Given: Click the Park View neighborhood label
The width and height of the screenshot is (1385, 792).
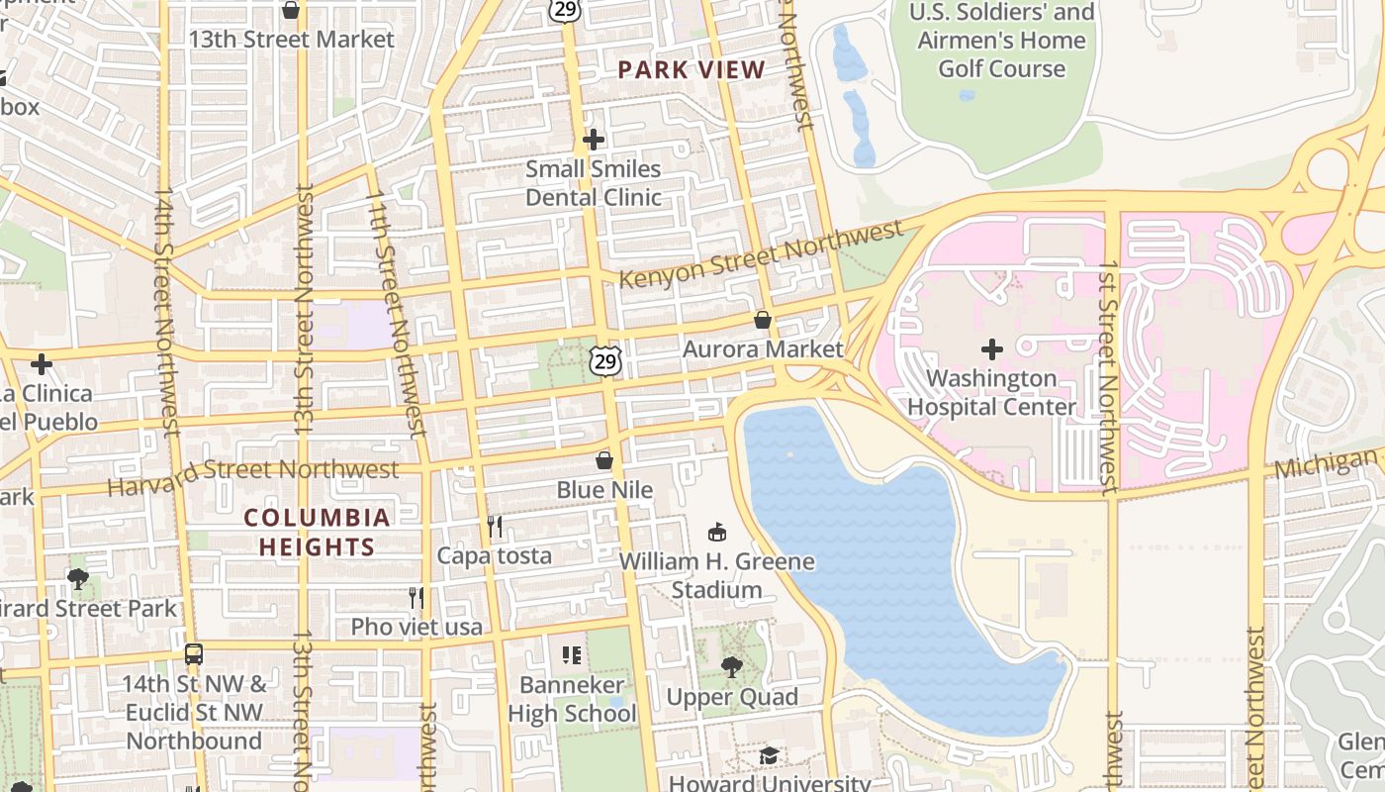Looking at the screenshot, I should (x=692, y=69).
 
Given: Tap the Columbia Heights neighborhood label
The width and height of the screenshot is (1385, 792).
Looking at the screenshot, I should (x=318, y=532).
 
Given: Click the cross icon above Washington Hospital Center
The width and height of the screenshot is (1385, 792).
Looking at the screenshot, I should (x=991, y=348).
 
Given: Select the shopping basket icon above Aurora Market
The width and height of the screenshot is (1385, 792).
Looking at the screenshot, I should (x=763, y=320).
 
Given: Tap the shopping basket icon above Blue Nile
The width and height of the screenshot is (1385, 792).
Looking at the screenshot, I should (x=604, y=460).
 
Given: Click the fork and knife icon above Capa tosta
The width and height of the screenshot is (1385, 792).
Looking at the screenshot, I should (x=495, y=526).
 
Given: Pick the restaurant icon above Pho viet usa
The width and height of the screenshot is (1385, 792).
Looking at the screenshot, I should (x=416, y=597).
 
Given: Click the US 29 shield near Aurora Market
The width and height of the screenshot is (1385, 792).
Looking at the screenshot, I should (x=605, y=360).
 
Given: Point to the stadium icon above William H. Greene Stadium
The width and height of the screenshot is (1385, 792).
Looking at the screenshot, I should (x=717, y=533).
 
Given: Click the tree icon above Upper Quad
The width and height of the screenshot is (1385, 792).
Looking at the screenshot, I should (x=732, y=667).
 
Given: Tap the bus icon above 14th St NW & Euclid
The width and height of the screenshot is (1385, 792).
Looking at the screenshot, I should (x=194, y=654).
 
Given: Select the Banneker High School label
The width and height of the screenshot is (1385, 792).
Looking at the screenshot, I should (x=572, y=698).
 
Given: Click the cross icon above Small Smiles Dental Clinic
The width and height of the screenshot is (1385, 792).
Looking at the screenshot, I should (x=594, y=140).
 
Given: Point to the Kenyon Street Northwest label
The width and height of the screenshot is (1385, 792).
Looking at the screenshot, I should (x=761, y=255).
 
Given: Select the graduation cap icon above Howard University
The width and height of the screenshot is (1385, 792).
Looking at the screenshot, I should (x=769, y=755).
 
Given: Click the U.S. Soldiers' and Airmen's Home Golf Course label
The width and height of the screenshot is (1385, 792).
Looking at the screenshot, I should (x=1001, y=41).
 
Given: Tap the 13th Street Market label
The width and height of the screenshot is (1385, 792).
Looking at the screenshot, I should (x=292, y=40).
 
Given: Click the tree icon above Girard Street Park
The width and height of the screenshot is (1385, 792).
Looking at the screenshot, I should (x=78, y=578).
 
